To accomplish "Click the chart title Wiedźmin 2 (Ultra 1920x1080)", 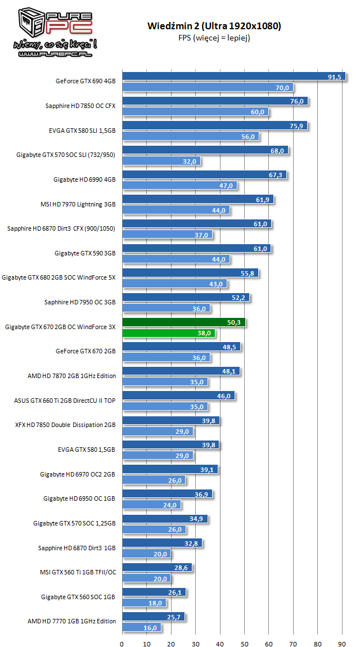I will tap(214, 26).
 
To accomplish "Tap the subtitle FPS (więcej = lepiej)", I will tap(214, 38).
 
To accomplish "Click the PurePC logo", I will tap(50, 32).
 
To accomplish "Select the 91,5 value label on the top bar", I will tap(334, 77).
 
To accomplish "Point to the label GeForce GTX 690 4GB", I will tap(85, 82).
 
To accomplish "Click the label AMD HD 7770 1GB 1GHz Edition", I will tap(71, 621).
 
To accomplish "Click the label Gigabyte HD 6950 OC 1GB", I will tap(79, 498).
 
